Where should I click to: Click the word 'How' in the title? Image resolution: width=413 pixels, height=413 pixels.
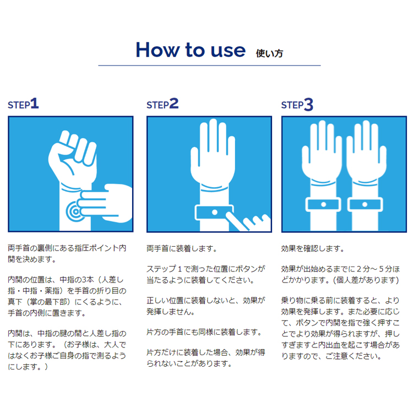point(157,50)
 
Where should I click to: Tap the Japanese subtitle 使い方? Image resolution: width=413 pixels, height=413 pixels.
point(269,53)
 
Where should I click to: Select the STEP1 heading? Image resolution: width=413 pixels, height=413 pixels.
point(23,104)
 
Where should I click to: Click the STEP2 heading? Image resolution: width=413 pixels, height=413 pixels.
point(162,104)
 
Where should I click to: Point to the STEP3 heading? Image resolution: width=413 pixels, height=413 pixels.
point(297,104)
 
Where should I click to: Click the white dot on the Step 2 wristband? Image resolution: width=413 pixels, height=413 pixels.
point(215,213)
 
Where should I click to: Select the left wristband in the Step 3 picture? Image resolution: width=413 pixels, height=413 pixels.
point(323,205)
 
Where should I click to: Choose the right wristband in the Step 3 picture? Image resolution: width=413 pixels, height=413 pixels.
point(365,205)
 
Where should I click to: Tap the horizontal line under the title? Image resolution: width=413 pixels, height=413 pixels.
point(209,66)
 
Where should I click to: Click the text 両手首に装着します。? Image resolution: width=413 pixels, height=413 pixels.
point(182,248)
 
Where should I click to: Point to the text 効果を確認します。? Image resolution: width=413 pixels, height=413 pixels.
point(312,248)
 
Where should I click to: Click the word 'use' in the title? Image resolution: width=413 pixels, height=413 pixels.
point(228,50)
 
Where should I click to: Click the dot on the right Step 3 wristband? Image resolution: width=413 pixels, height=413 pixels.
point(365,204)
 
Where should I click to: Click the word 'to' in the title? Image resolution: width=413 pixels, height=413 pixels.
point(195,50)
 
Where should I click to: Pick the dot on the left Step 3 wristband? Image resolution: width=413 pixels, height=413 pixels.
point(323,204)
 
